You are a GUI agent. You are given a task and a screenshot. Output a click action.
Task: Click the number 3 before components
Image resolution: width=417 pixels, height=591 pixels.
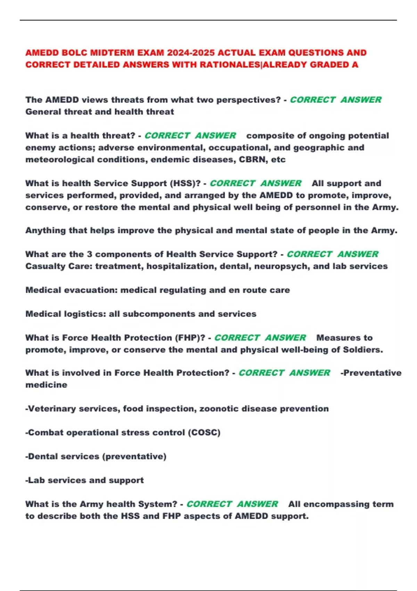point(89,254)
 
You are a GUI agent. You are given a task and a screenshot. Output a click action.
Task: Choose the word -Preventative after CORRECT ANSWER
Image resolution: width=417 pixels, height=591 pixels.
point(371,373)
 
